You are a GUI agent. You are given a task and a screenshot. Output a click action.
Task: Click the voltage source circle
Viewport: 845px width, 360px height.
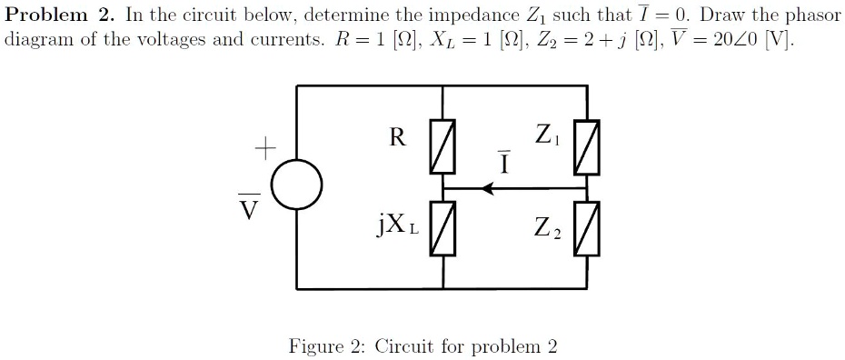296,186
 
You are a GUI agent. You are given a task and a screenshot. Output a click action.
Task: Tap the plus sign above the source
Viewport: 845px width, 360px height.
264,145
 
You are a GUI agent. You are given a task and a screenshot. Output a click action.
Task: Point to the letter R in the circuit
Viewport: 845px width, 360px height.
397,138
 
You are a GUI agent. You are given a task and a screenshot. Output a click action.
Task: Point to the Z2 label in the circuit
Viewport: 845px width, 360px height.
547,228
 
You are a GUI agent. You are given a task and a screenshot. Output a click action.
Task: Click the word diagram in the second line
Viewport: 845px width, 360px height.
36,42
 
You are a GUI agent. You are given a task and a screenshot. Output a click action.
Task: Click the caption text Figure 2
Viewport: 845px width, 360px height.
327,346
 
